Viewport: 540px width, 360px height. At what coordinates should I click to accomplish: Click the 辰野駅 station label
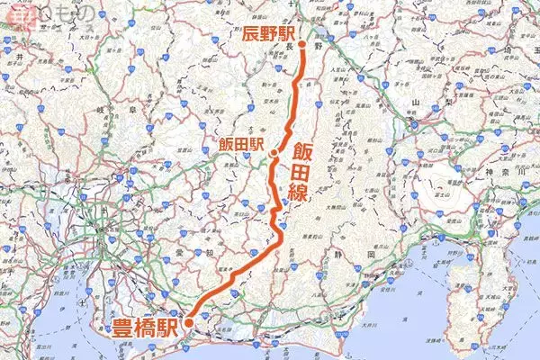(270, 35)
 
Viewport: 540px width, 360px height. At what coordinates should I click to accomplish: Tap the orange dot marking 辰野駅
(302, 44)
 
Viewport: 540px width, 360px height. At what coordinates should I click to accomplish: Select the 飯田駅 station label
(244, 144)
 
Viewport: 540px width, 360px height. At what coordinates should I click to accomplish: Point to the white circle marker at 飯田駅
(273, 154)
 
